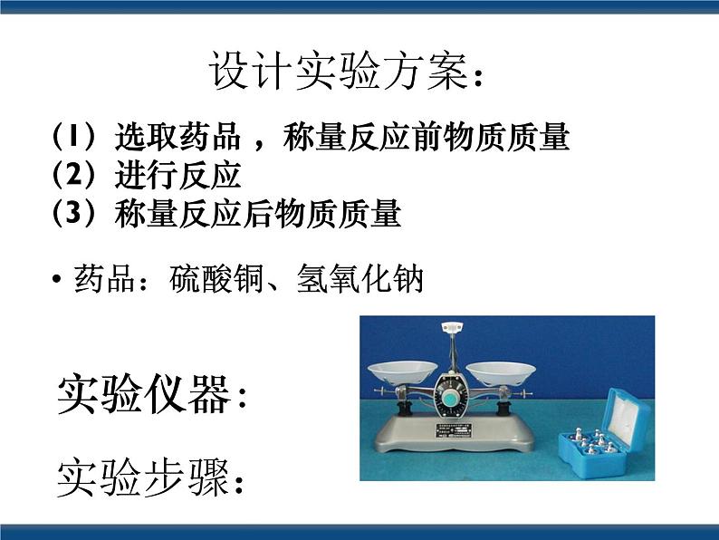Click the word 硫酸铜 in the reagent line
click(216, 278)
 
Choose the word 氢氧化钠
click(359, 278)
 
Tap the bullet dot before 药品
click(57, 279)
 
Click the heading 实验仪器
click(143, 394)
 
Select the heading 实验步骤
click(143, 477)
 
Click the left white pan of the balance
click(403, 371)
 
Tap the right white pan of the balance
click(501, 371)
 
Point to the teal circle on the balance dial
click(452, 395)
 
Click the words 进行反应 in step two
click(177, 175)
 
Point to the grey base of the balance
click(455, 432)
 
